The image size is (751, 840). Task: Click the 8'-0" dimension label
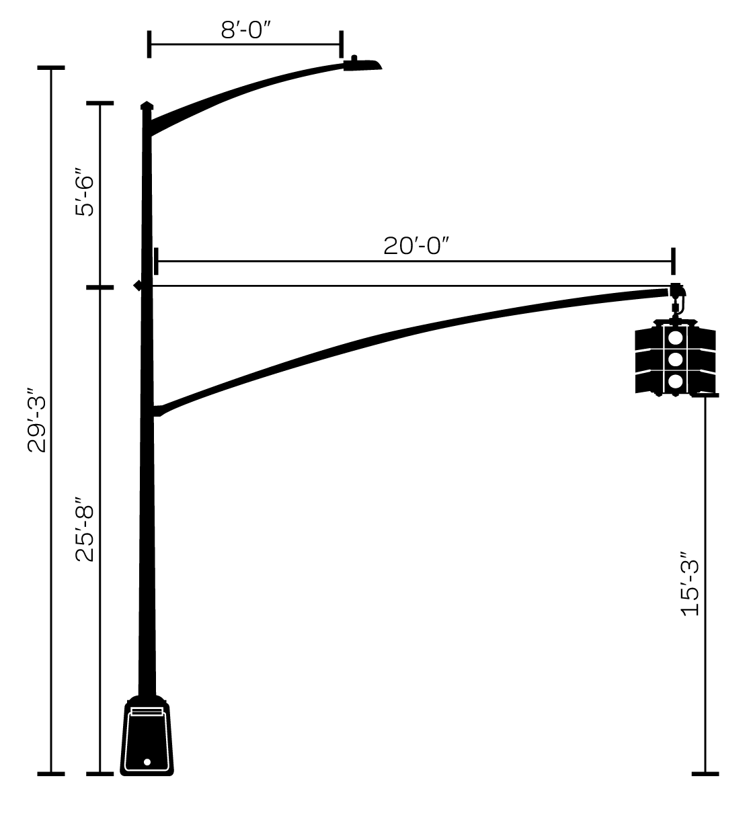(245, 30)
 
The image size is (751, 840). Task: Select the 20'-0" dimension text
(416, 246)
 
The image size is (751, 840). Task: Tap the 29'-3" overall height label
(37, 419)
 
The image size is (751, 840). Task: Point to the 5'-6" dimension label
(85, 192)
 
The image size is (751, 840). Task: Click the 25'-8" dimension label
(85, 529)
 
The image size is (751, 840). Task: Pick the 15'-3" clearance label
(690, 584)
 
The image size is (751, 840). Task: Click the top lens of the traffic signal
(676, 338)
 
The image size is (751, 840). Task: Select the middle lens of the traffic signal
(676, 360)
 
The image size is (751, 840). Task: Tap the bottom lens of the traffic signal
(676, 382)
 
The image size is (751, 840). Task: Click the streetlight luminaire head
(362, 65)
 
